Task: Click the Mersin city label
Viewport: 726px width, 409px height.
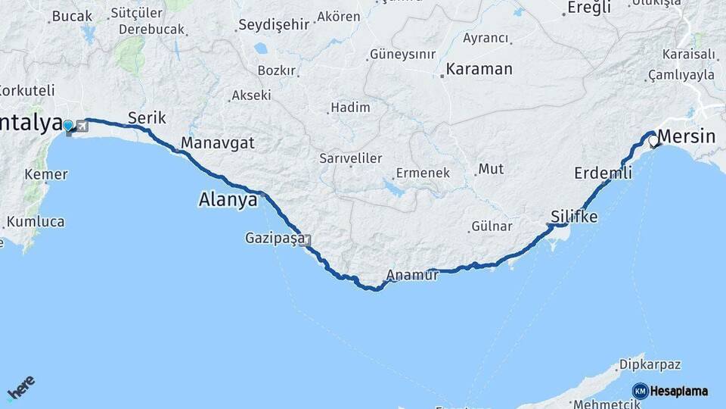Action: point(687,137)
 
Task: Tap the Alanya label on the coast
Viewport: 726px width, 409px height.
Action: point(228,200)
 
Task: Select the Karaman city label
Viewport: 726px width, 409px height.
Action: point(479,69)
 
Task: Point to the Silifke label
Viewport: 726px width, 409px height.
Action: point(574,217)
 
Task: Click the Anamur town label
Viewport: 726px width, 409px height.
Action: point(412,275)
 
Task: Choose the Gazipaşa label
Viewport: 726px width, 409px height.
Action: point(274,238)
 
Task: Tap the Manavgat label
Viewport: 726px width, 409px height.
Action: point(218,143)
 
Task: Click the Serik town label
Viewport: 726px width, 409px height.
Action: point(147,117)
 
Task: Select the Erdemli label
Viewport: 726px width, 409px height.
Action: point(603,173)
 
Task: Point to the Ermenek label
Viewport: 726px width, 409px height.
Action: point(423,173)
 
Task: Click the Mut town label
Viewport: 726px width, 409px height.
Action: point(491,169)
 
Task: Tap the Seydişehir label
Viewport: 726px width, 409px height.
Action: point(273,24)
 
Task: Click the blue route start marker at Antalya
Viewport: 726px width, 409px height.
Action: point(68,126)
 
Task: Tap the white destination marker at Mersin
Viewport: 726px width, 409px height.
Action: point(653,141)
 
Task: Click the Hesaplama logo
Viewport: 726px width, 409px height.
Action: point(670,391)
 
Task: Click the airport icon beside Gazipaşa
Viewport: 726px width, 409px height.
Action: point(307,241)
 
